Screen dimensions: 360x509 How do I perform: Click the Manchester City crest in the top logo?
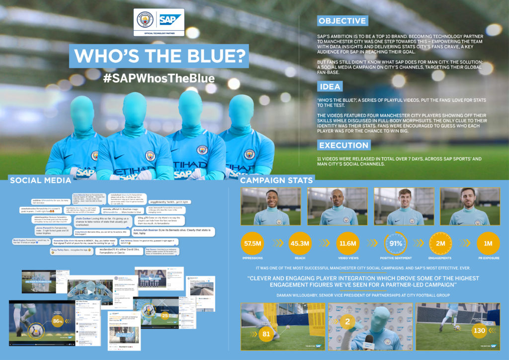(146, 20)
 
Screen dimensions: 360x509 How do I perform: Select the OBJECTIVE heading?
(342, 21)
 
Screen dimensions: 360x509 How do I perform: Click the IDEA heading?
(330, 87)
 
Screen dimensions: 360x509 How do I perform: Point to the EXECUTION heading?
(343, 145)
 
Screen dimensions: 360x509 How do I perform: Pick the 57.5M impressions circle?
(253, 243)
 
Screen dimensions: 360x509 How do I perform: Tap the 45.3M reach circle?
(300, 243)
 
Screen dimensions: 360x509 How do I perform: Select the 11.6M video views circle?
(347, 243)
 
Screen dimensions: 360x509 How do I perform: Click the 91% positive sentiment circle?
(395, 243)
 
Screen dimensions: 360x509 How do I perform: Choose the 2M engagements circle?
(440, 243)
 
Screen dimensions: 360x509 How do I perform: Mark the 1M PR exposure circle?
(488, 243)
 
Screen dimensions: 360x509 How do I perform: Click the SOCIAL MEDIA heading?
(41, 180)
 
